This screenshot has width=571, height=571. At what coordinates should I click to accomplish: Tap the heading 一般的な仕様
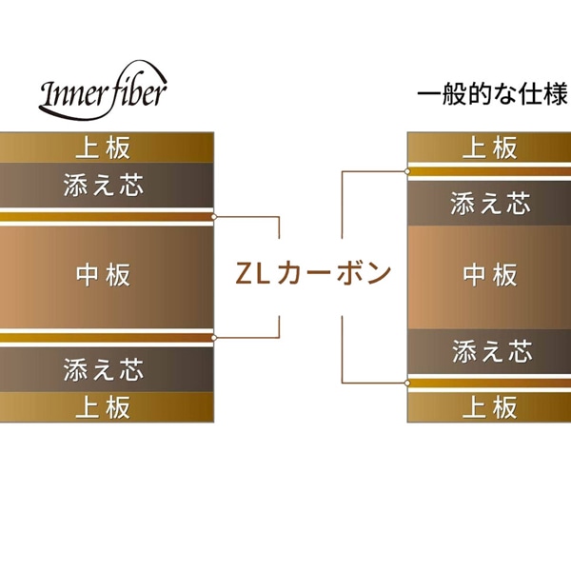point(492,95)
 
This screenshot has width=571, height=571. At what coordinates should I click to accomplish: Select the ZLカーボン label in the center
point(313,274)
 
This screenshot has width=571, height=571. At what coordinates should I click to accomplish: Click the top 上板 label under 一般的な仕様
point(490,148)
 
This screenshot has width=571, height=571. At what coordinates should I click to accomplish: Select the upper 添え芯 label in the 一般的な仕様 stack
point(490,203)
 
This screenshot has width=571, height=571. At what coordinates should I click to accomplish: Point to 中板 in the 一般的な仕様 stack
point(490,275)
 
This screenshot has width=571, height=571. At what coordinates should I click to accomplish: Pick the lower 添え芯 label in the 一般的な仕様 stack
point(490,350)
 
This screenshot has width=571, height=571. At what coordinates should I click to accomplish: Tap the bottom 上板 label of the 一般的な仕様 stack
point(490,407)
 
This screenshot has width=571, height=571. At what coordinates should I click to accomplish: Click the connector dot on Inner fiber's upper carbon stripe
point(215,216)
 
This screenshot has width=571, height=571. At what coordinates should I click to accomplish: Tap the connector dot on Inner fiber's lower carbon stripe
point(215,336)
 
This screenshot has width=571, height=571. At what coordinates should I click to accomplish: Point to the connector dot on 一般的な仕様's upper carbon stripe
point(407,171)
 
